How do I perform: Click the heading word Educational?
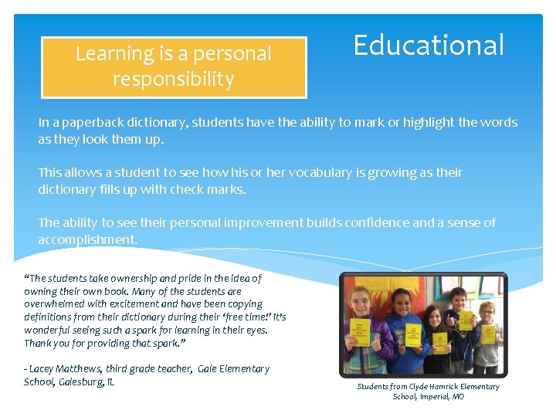pos(429,46)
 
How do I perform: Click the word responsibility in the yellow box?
pos(173,79)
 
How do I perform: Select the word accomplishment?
pos(87,239)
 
